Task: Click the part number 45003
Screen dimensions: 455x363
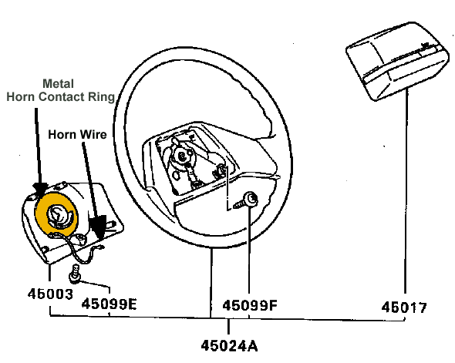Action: [x=50, y=294]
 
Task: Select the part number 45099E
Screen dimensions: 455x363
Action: [x=109, y=304]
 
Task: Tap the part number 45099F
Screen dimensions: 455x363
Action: [x=250, y=305]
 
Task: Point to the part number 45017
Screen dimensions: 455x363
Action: [x=404, y=308]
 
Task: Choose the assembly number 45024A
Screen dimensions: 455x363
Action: [x=229, y=345]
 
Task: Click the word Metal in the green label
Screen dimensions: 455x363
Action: [x=58, y=84]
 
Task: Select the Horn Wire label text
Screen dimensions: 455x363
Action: [x=77, y=135]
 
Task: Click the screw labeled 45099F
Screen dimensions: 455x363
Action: [x=246, y=200]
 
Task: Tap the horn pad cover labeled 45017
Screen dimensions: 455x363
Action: [x=397, y=62]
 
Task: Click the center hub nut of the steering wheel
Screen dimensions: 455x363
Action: [x=182, y=156]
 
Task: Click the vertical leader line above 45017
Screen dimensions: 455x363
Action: [x=406, y=191]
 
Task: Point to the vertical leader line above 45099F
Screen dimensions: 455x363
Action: [x=249, y=250]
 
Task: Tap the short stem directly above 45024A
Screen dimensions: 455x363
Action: [x=229, y=327]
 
